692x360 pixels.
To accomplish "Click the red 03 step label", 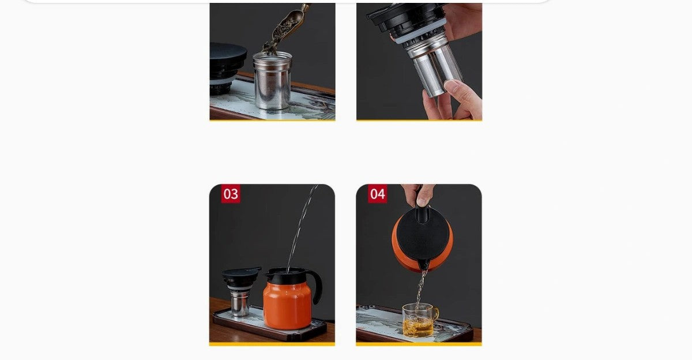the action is (x=231, y=194).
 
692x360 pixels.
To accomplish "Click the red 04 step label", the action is (x=377, y=194).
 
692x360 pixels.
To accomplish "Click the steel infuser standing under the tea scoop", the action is (x=272, y=81).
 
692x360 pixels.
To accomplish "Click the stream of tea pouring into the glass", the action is (x=420, y=290).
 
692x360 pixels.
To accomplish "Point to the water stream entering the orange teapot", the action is (x=301, y=228).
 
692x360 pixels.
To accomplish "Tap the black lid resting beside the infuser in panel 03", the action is (x=241, y=277).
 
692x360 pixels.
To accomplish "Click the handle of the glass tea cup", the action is (x=435, y=314).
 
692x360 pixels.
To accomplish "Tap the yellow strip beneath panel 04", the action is (x=419, y=344).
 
